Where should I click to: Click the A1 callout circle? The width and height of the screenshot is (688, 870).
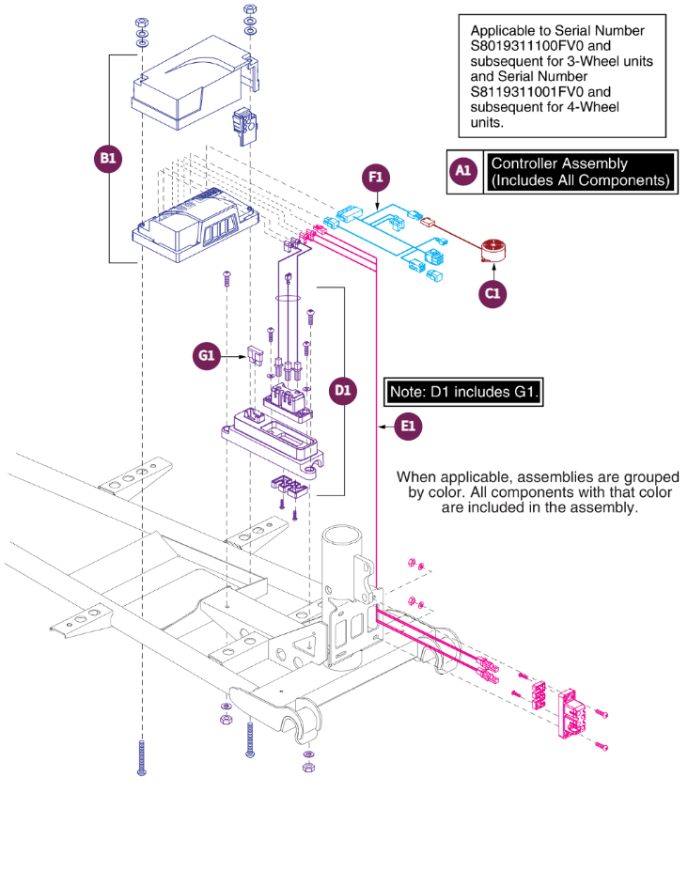463,171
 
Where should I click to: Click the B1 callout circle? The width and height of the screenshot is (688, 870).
108,159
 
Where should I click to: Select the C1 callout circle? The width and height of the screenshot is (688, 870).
493,293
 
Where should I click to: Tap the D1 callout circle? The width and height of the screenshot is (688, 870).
343,391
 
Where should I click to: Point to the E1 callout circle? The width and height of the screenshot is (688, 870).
408,427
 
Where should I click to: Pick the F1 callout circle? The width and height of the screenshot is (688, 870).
376,178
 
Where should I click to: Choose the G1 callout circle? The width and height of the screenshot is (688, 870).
206,356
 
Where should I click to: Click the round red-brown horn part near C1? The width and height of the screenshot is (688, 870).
493,250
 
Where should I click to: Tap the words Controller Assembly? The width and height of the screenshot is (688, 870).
559,163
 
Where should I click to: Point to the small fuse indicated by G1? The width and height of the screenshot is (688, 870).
255,355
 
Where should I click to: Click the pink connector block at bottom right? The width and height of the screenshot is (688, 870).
572,712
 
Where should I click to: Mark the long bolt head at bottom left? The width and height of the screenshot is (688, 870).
142,771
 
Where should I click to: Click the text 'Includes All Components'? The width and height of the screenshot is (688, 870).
580,180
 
